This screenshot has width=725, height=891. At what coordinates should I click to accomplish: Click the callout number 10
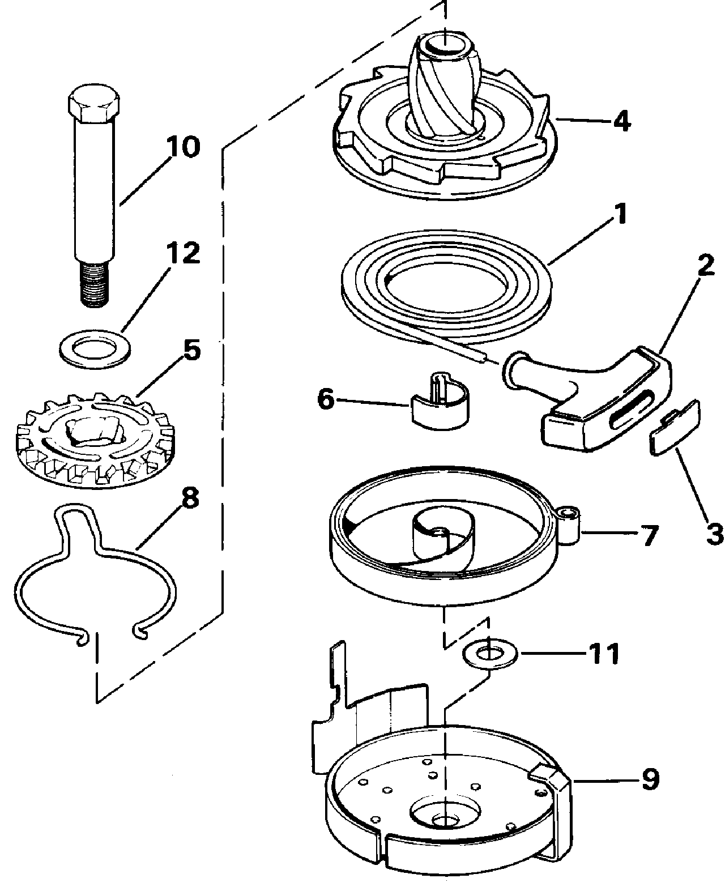[183, 147]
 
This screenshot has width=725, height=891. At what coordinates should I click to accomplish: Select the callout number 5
[192, 349]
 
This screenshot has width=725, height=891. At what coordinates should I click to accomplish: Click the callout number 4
[622, 121]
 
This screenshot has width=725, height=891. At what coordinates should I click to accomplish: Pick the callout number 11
[603, 654]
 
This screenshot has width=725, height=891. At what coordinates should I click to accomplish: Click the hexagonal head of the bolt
[93, 103]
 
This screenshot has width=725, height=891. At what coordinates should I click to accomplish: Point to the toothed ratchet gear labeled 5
[95, 440]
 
